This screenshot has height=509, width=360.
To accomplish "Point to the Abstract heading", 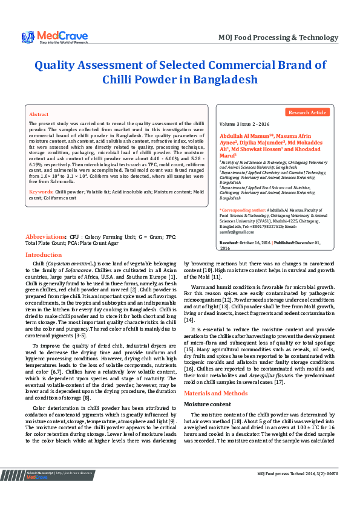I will [39, 114].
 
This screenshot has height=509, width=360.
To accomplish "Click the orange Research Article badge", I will [308, 112].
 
